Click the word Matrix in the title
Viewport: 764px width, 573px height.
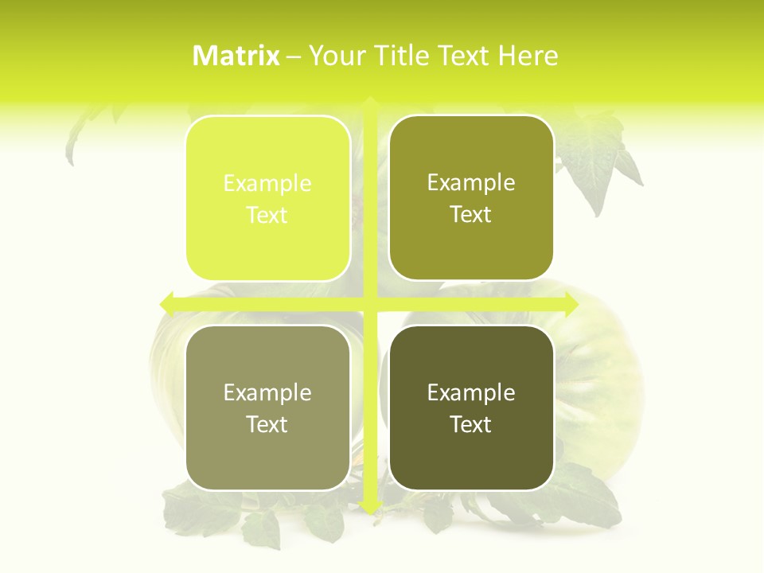click(x=236, y=56)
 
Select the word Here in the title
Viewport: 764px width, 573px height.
click(x=528, y=56)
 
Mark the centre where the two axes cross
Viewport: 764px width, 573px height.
click(x=370, y=304)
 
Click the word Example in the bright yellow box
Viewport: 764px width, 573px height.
click(x=267, y=184)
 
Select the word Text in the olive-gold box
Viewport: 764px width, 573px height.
click(x=471, y=215)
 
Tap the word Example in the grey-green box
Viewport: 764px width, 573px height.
click(x=267, y=393)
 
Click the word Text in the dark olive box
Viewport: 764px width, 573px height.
click(x=471, y=424)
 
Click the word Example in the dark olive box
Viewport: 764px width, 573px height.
click(x=471, y=393)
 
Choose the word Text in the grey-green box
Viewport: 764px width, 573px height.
click(x=267, y=424)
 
